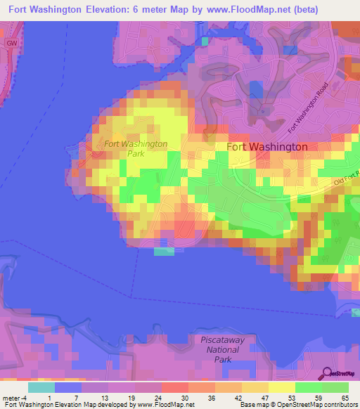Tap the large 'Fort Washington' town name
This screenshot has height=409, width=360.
[267, 147]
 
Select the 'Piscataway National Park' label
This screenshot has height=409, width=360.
[223, 349]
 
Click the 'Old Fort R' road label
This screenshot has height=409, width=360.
[346, 178]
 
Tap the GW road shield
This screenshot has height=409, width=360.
[12, 43]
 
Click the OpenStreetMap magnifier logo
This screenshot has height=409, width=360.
[328, 373]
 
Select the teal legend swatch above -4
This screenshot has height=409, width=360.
[41, 387]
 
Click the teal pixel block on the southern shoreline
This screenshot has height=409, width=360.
[164, 251]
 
